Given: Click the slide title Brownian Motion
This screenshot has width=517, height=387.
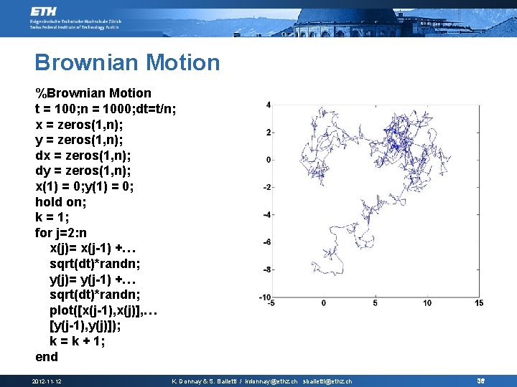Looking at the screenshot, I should click(127, 62).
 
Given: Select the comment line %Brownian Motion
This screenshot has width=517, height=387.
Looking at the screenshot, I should click(93, 93).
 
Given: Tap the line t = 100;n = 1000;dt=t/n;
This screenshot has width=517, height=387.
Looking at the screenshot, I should click(106, 109).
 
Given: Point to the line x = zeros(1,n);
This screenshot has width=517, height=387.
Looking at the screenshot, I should click(83, 124).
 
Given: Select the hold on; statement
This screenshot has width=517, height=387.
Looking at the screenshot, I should click(63, 202).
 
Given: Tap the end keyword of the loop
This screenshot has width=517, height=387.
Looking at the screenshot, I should click(47, 357).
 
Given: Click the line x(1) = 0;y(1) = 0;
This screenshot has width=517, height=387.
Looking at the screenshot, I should click(94, 186).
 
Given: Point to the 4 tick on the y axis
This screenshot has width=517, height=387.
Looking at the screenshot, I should click(268, 105).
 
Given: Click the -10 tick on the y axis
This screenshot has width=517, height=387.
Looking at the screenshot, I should click(264, 297).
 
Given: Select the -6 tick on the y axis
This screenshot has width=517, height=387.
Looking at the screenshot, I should click(266, 242).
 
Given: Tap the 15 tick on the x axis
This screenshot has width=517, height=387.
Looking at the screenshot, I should click(478, 303).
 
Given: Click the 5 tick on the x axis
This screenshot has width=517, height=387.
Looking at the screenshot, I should click(376, 303).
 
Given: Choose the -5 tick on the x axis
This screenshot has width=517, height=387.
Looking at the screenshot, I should click(271, 303).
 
